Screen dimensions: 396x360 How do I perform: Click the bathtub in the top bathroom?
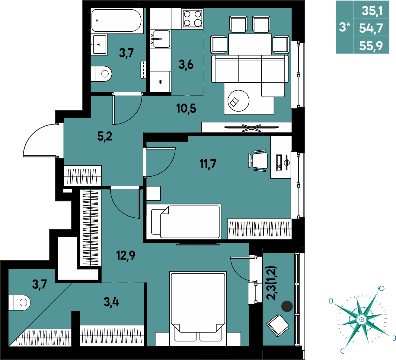click(x=117, y=21)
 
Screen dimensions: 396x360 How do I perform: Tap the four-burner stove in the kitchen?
click(x=192, y=19)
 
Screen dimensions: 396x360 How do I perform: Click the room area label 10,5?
click(x=186, y=109)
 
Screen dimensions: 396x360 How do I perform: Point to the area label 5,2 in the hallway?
click(x=105, y=136)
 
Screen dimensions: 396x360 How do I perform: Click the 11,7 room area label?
click(x=208, y=164)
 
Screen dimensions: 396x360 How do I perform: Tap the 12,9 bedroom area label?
click(x=126, y=255)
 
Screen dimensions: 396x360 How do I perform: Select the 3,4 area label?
click(x=111, y=302)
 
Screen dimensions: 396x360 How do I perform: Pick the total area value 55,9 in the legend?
click(x=371, y=46)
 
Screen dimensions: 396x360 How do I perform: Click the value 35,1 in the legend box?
click(x=372, y=11)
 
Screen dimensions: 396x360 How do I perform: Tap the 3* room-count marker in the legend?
click(x=345, y=27)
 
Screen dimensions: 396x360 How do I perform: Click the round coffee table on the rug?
click(x=238, y=101)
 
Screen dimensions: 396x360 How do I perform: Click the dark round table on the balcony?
click(x=287, y=306)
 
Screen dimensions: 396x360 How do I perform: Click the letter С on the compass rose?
click(x=343, y=351)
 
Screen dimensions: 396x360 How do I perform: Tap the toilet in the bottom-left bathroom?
click(x=19, y=303)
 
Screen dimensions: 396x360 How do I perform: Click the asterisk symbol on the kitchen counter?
click(x=161, y=82)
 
